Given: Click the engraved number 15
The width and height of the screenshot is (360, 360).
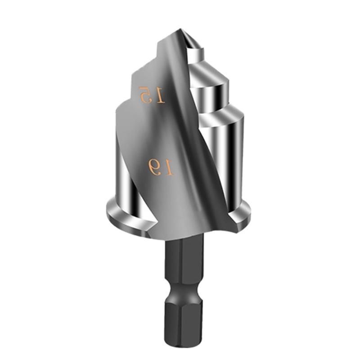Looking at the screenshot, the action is [152, 94].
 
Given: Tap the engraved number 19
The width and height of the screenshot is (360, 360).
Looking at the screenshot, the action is [161, 167].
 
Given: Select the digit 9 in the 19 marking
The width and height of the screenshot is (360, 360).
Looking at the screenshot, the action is [155, 166].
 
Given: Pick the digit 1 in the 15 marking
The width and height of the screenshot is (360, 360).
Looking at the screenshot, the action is [160, 95].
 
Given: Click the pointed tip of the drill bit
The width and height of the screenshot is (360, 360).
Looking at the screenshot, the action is [179, 30].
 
